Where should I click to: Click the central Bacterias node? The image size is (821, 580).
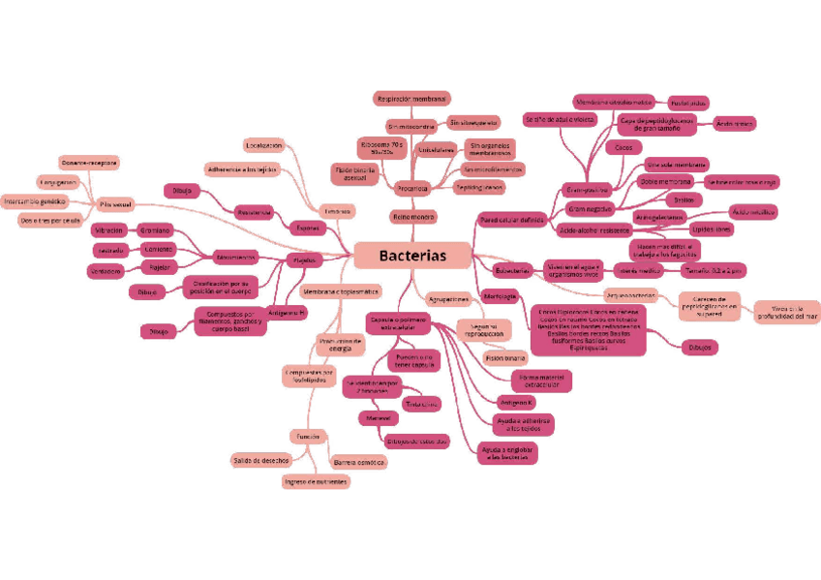click(412, 256)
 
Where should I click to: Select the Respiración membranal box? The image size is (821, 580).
click(410, 99)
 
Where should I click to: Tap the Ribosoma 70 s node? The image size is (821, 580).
click(381, 148)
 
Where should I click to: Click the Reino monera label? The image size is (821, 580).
click(413, 217)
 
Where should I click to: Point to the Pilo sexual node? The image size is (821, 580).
click(115, 203)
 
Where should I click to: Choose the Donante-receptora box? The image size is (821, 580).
click(89, 163)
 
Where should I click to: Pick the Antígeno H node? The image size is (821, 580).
click(288, 313)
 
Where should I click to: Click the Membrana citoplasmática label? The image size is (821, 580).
click(340, 291)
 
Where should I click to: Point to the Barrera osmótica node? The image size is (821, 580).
click(358, 462)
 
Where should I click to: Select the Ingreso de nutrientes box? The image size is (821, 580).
click(316, 481)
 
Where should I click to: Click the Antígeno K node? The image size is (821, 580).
click(515, 402)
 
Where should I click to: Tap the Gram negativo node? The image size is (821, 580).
click(590, 208)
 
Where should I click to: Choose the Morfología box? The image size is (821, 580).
click(500, 294)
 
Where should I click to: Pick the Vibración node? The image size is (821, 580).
click(108, 230)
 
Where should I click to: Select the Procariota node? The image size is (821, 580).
click(412, 188)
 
